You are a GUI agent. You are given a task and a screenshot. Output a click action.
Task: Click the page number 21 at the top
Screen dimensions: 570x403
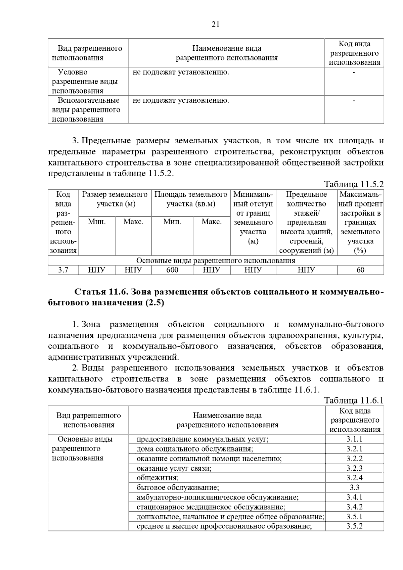(215, 24)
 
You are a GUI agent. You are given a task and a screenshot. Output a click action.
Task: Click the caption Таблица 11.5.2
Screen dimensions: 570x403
(354, 184)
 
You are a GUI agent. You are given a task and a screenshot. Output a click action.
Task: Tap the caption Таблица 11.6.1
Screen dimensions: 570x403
(354, 400)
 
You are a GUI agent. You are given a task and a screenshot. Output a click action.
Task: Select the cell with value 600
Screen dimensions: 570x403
(172, 270)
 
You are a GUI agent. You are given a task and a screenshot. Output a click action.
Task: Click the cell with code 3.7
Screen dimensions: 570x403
(63, 270)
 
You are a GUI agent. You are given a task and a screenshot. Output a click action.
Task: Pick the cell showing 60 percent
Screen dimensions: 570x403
(360, 270)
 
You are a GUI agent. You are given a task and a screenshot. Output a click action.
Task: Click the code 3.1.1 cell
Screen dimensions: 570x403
(354, 439)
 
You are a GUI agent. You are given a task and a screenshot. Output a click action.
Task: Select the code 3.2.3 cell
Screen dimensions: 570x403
(354, 468)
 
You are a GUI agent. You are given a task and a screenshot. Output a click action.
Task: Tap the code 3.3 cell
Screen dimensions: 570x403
(354, 487)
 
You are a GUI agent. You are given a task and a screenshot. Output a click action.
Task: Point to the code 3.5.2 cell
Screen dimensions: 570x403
(354, 526)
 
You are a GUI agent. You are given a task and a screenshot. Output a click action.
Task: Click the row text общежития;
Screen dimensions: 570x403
(158, 478)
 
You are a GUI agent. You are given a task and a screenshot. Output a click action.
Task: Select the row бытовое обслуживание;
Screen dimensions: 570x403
(178, 487)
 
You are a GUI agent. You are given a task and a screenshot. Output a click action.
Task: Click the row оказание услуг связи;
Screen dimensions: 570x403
(174, 468)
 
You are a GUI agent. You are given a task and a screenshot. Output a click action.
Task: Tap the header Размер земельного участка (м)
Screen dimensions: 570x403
(115, 199)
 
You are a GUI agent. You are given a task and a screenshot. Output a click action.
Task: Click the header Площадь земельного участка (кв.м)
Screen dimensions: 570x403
(191, 199)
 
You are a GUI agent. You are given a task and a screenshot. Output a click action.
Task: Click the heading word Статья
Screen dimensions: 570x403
(90, 292)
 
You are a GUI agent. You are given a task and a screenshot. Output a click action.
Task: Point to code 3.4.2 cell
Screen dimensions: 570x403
(354, 507)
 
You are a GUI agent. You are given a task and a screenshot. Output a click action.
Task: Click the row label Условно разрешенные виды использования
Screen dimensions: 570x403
(85, 81)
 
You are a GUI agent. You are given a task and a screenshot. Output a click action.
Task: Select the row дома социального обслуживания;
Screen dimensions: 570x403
(195, 449)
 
